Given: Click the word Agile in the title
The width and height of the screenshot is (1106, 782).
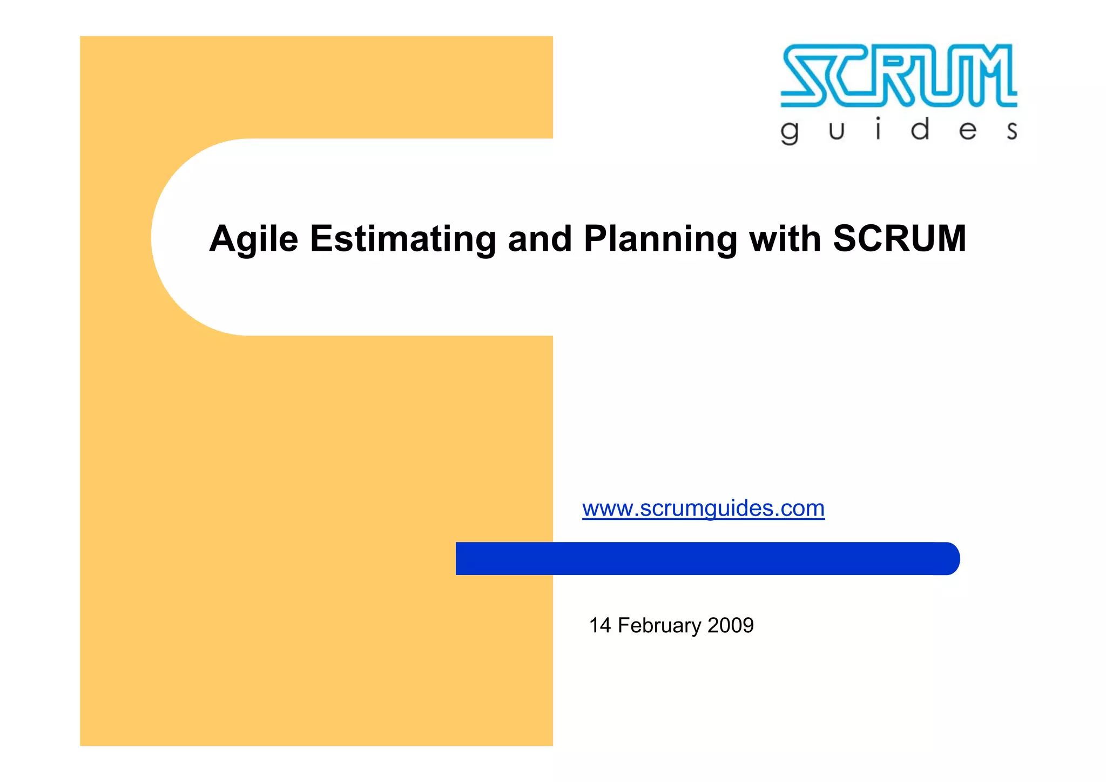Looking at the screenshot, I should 253,239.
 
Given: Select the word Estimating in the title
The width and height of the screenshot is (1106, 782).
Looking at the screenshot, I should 402,239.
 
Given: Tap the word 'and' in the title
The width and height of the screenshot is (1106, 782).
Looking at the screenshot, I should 539,239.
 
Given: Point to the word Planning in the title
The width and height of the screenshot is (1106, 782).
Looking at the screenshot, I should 660,239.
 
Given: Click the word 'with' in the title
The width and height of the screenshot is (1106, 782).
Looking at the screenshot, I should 785,239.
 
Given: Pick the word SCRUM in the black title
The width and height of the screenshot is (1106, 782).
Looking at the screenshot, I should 899,239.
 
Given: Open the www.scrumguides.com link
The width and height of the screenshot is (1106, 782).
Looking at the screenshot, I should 703,509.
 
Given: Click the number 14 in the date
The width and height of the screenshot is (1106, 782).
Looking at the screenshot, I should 600,625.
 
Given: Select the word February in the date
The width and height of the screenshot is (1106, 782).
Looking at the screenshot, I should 659,625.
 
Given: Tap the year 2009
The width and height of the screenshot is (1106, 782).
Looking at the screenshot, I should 731,625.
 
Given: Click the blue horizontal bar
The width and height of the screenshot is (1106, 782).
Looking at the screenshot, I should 702,558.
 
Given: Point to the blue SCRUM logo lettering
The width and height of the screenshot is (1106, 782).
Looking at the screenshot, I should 899,75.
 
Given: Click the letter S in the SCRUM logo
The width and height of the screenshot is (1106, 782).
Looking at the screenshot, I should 805,75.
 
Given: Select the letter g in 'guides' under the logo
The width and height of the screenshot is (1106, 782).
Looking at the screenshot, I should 790,132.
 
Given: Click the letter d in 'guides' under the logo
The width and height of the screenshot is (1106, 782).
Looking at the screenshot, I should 920,130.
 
